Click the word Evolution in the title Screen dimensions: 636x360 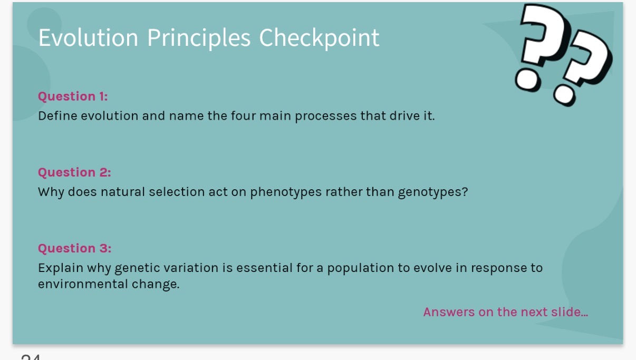[88, 37]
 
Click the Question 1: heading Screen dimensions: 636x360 [73, 97]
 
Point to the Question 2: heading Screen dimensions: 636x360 [74, 173]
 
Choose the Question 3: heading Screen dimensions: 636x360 [75, 248]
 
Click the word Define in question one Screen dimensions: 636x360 [57, 116]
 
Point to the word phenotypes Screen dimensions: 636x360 [286, 192]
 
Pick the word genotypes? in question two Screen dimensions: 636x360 [433, 192]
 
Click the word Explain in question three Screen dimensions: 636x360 [61, 268]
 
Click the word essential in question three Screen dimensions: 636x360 [264, 268]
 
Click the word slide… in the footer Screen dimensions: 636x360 [570, 312]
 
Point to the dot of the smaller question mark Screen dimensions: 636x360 [564, 95]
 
